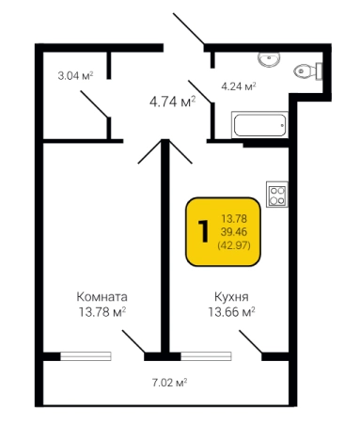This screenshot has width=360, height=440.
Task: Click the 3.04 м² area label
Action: [x=75, y=76]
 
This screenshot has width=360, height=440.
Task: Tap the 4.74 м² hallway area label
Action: [x=173, y=102]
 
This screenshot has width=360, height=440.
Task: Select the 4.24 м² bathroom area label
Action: [x=239, y=86]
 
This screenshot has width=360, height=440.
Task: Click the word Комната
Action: [x=102, y=296]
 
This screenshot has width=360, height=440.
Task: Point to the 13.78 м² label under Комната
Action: [x=102, y=312]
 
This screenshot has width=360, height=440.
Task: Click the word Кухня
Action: [x=231, y=296]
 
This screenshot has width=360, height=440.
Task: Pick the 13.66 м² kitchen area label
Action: [x=231, y=312]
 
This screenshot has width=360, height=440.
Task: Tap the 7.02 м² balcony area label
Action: [x=170, y=383]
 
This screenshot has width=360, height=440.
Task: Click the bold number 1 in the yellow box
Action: [x=203, y=231]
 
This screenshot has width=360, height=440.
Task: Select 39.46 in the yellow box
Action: [x=234, y=232]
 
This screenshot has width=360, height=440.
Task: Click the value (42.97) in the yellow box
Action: [x=234, y=245]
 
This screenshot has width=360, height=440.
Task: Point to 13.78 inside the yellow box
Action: [x=234, y=218]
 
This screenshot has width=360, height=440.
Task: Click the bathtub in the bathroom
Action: [x=259, y=125]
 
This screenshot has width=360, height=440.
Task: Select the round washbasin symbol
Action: [x=269, y=59]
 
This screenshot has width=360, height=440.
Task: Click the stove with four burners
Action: [x=277, y=195]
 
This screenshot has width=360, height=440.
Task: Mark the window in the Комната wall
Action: [x=86, y=356]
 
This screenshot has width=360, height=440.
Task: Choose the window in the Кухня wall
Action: [x=206, y=356]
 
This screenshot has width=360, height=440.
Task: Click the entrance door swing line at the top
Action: [x=189, y=28]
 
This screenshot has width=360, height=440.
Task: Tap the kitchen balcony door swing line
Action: [x=250, y=341]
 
